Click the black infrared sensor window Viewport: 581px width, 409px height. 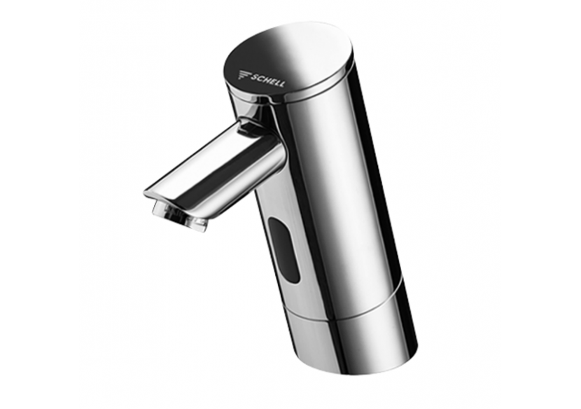coord(283,249)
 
